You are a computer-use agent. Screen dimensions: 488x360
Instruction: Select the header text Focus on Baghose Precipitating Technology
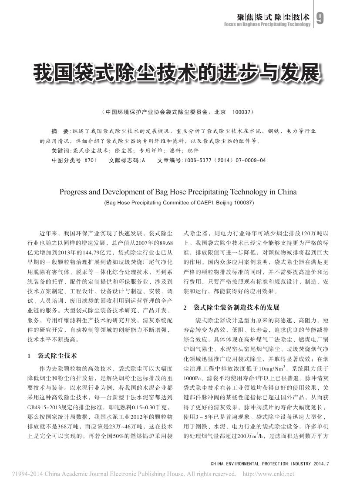click(267, 24)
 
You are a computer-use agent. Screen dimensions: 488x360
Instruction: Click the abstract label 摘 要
click(60, 131)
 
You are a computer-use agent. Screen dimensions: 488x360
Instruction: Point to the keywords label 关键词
click(60, 151)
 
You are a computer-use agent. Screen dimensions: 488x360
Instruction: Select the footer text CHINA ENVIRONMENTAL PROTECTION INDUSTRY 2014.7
click(269, 465)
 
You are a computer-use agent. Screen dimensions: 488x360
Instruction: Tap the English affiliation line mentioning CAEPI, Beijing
click(179, 203)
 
